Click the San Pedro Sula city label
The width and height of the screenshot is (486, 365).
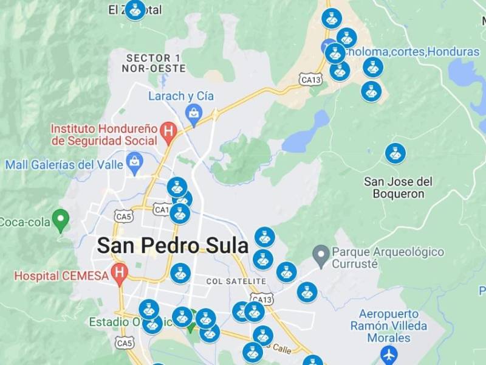(x=173, y=245)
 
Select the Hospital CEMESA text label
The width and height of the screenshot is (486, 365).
(x=61, y=276)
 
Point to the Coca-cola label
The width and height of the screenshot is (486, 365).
(x=24, y=222)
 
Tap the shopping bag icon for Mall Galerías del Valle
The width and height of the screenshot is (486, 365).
(x=134, y=162)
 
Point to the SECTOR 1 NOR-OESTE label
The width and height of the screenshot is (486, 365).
(x=153, y=63)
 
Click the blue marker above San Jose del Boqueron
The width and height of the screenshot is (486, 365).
(x=395, y=153)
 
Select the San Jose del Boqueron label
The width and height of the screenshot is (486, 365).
(x=398, y=187)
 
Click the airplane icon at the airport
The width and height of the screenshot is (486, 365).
(x=389, y=353)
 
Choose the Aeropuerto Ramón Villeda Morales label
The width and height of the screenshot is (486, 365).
(x=389, y=325)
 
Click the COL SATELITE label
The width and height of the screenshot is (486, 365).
(x=236, y=281)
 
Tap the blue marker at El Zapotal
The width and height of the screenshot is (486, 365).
(x=135, y=9)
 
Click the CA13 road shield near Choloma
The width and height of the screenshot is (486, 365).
(x=310, y=79)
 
